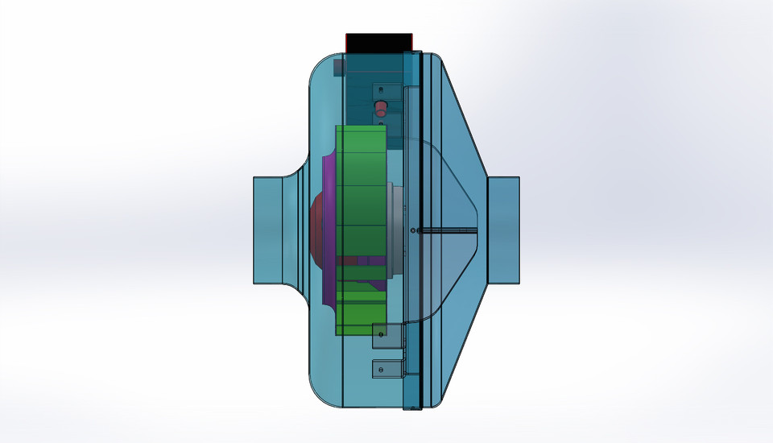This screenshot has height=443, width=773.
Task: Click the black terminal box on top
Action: (x=378, y=42)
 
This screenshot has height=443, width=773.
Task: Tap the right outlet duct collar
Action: (x=503, y=230)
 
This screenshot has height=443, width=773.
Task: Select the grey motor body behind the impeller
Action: (x=395, y=230)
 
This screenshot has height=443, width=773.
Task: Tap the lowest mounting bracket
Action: (x=386, y=369)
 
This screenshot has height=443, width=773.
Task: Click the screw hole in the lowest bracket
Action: (x=381, y=369)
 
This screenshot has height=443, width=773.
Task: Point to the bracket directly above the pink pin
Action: (x=386, y=89)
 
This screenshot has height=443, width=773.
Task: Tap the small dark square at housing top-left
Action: (x=339, y=67)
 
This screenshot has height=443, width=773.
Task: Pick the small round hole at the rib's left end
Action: (x=413, y=231)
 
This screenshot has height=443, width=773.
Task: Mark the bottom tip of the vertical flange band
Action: (x=411, y=405)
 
